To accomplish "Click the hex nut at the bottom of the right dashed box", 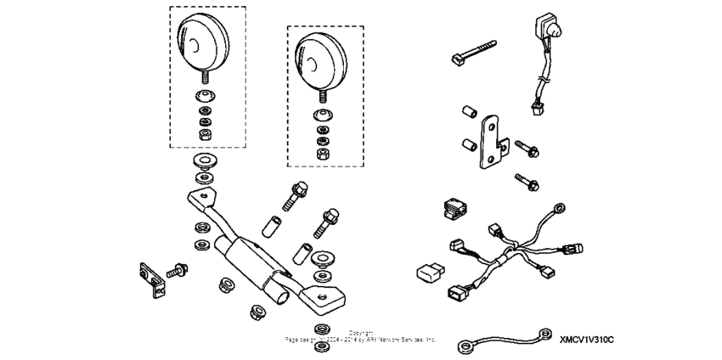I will pyautogui.click(x=322, y=155).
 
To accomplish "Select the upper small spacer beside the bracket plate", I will pyautogui.click(x=465, y=112).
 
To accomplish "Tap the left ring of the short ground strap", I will pyautogui.click(x=465, y=346).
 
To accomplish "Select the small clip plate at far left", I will pyautogui.click(x=150, y=276).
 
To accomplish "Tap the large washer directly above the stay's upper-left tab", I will pyautogui.click(x=205, y=160).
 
